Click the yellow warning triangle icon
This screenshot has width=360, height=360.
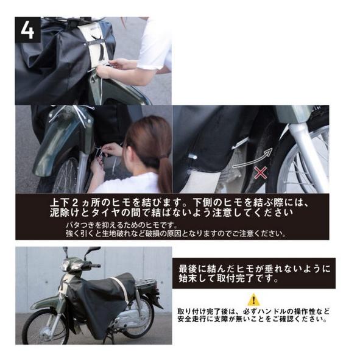pos(253,299)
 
